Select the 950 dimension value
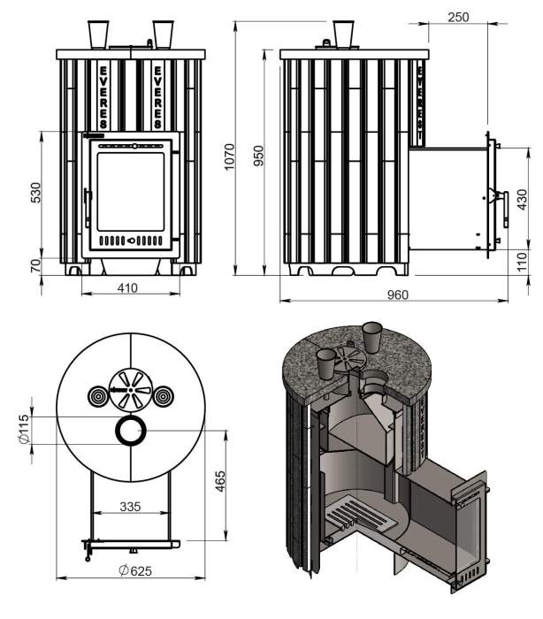point(258,157)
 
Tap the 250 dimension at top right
point(457,17)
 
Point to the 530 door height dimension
point(36,194)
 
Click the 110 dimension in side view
point(522,263)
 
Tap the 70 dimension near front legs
point(36,265)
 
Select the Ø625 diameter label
point(132,570)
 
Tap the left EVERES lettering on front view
point(105,96)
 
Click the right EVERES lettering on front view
point(158,96)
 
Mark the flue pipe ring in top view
point(131,431)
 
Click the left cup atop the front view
point(99,34)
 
